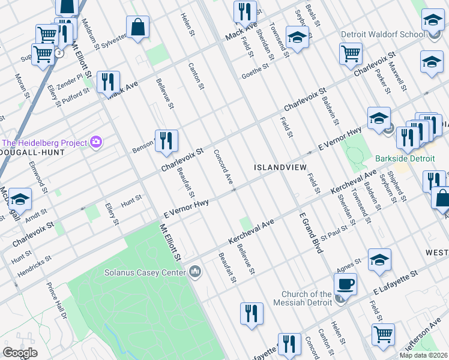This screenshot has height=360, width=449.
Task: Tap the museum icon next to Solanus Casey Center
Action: (195, 272)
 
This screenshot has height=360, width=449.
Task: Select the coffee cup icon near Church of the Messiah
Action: (345, 284)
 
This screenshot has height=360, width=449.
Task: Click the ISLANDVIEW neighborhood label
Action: (280, 167)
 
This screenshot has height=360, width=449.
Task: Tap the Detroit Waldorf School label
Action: (382, 34)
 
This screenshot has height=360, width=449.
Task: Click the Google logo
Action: (20, 353)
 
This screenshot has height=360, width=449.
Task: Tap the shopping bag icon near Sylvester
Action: (137, 28)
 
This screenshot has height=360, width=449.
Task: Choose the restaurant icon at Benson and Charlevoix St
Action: (166, 141)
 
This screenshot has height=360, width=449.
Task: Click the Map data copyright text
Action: (423, 355)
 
